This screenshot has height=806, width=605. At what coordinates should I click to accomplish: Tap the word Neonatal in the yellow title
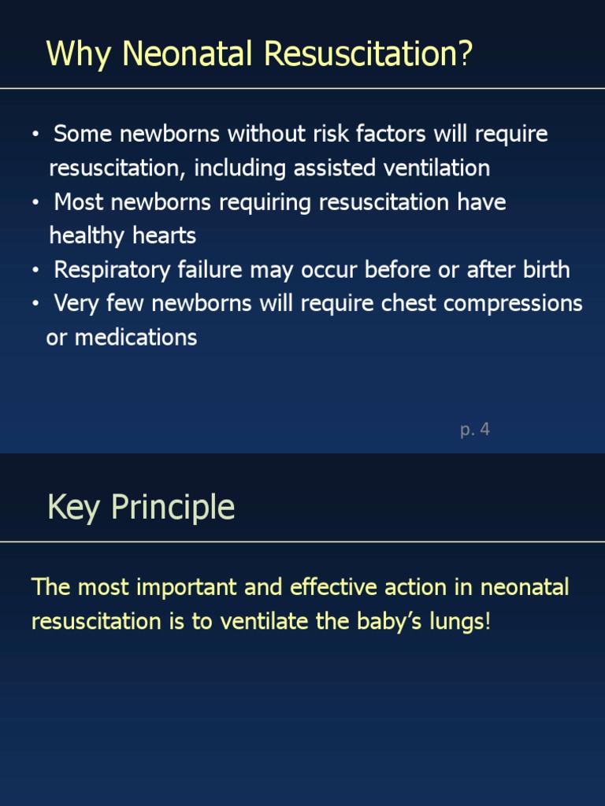pyautogui.click(x=189, y=54)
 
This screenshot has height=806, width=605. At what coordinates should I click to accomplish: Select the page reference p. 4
pyautogui.click(x=475, y=430)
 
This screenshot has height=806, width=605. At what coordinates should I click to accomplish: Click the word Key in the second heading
pyautogui.click(x=73, y=508)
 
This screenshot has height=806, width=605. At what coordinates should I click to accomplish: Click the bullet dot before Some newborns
pyautogui.click(x=35, y=135)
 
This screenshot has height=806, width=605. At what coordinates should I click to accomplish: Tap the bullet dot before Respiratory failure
pyautogui.click(x=35, y=271)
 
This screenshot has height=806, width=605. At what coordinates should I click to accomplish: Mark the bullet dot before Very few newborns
pyautogui.click(x=35, y=305)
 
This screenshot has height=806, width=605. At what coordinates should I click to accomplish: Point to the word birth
pyautogui.click(x=546, y=270)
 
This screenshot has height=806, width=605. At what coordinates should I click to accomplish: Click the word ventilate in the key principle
pyautogui.click(x=263, y=621)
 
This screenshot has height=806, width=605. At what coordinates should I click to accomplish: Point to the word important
pyautogui.click(x=172, y=588)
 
